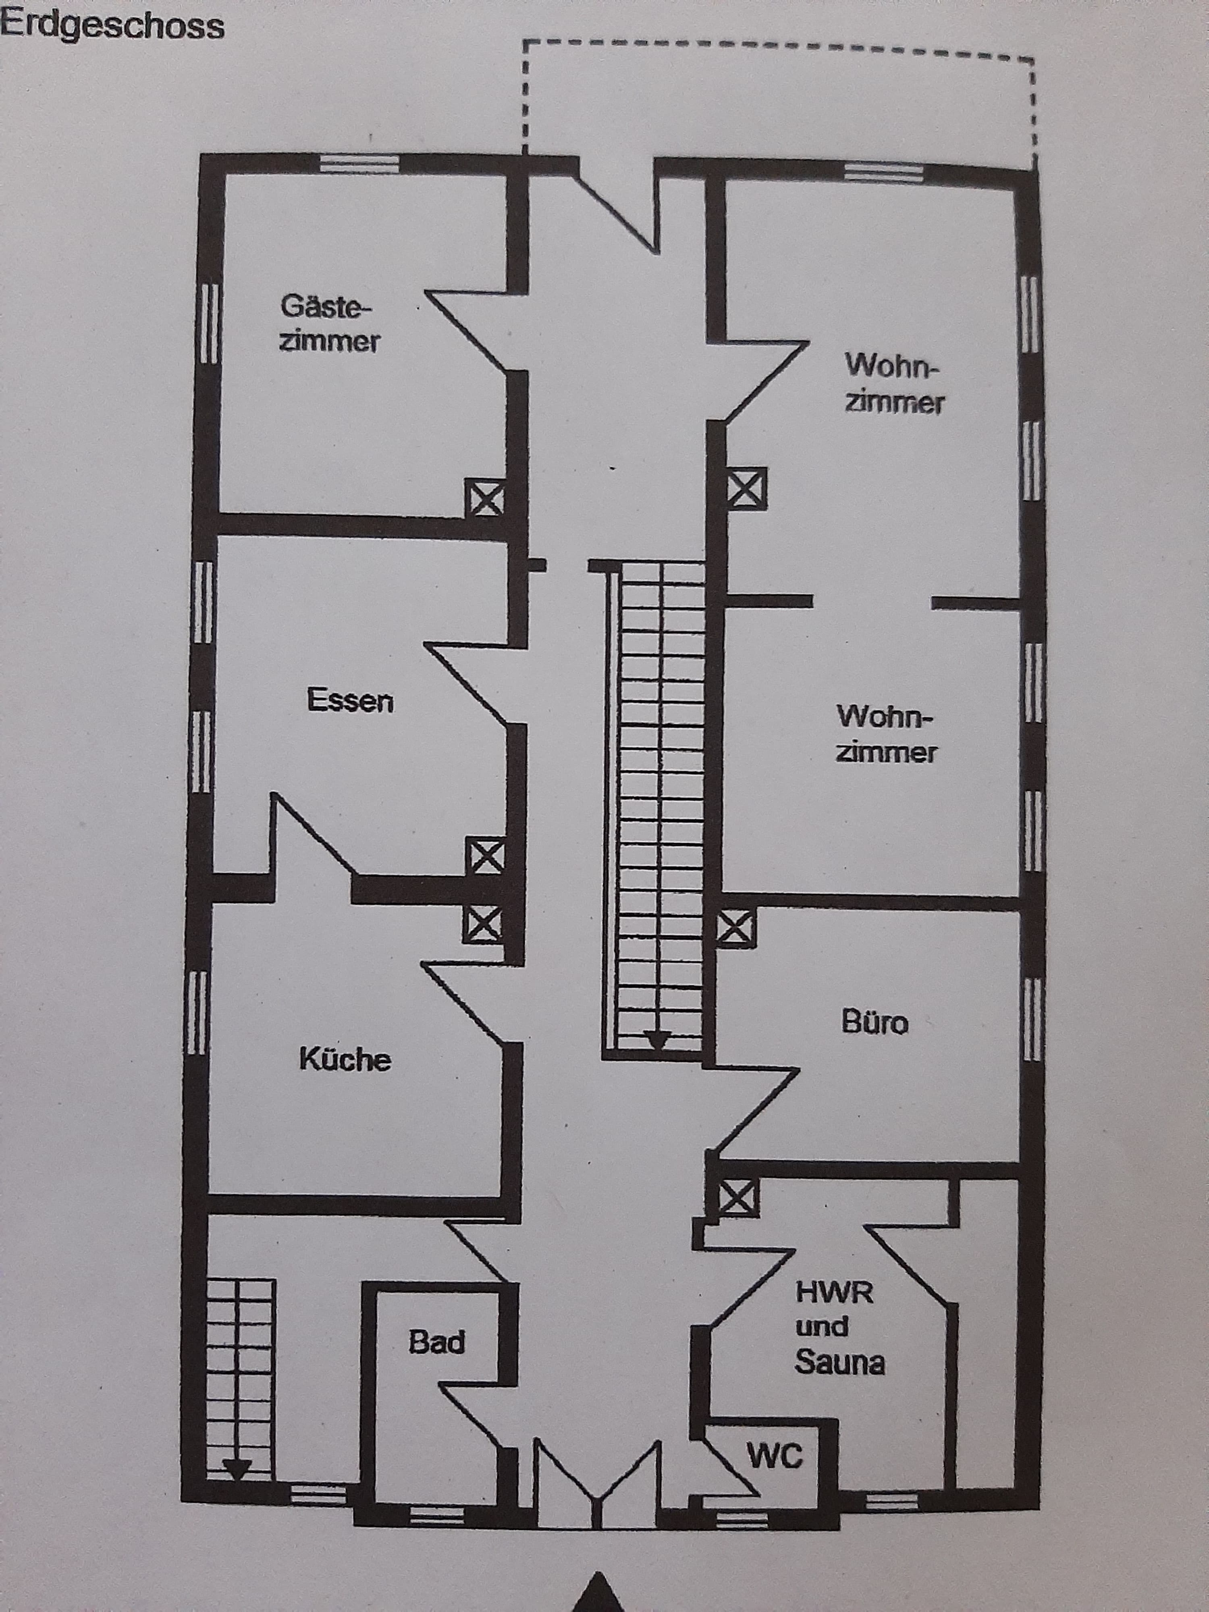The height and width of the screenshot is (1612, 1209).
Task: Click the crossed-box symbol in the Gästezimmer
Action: point(485,499)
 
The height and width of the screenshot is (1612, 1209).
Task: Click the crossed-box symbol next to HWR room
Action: point(739,1197)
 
